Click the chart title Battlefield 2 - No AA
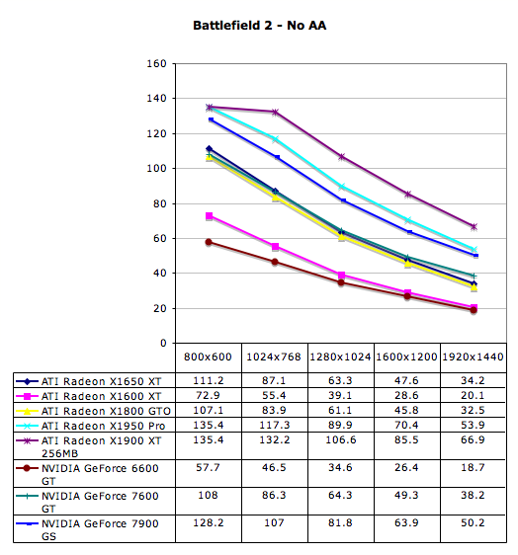pyautogui.click(x=259, y=26)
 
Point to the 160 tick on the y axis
pyautogui.click(x=156, y=64)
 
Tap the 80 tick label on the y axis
pyautogui.click(x=159, y=203)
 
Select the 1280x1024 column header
pyautogui.click(x=340, y=357)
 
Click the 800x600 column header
pyautogui.click(x=208, y=357)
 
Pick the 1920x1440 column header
pyautogui.click(x=473, y=357)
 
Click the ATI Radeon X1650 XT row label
pyautogui.click(x=102, y=381)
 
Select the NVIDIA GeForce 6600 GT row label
pyautogui.click(x=100, y=474)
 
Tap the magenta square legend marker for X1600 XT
pyautogui.click(x=27, y=396)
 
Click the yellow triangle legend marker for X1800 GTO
pyautogui.click(x=27, y=411)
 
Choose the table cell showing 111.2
pyautogui.click(x=209, y=380)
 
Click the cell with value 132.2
pyautogui.click(x=275, y=440)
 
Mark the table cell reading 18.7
pyautogui.click(x=473, y=467)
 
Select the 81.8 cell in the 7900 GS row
pyautogui.click(x=340, y=522)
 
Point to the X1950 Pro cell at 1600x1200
pyautogui.click(x=406, y=425)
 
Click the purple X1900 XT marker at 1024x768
pyautogui.click(x=275, y=113)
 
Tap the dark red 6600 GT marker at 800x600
pyautogui.click(x=209, y=242)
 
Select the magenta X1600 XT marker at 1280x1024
pyautogui.click(x=342, y=275)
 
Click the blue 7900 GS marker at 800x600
pyautogui.click(x=211, y=119)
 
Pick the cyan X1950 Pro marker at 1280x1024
pyautogui.click(x=342, y=187)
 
